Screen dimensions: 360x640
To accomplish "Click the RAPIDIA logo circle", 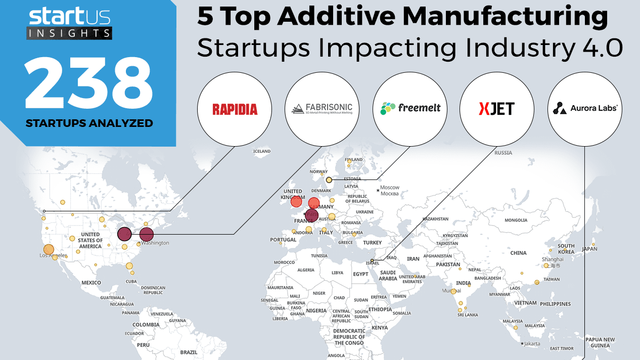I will (x=235, y=109).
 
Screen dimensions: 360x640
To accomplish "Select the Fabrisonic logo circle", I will (x=323, y=109).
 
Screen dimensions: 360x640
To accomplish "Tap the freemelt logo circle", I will (x=410, y=109).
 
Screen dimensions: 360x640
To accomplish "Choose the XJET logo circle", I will (x=496, y=109).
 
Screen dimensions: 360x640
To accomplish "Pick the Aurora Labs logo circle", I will (x=585, y=109).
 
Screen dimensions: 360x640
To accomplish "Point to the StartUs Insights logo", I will (x=69, y=23).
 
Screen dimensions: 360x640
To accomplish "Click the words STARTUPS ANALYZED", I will (x=89, y=123).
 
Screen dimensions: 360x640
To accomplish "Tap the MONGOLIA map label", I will (x=516, y=220).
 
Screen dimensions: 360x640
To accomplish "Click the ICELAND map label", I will (x=262, y=151).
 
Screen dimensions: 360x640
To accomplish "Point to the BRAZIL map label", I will (x=189, y=352).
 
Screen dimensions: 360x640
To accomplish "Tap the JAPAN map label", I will (x=589, y=249).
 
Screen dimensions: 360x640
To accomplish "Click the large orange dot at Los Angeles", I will (x=49, y=249).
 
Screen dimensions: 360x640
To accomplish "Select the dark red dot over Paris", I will (x=311, y=215).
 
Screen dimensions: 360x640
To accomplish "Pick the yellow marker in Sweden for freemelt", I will (x=329, y=180).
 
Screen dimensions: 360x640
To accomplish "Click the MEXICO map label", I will (x=91, y=283).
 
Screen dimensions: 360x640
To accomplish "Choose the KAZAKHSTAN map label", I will (x=436, y=219).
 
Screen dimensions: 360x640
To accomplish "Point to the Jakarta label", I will (x=532, y=344).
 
